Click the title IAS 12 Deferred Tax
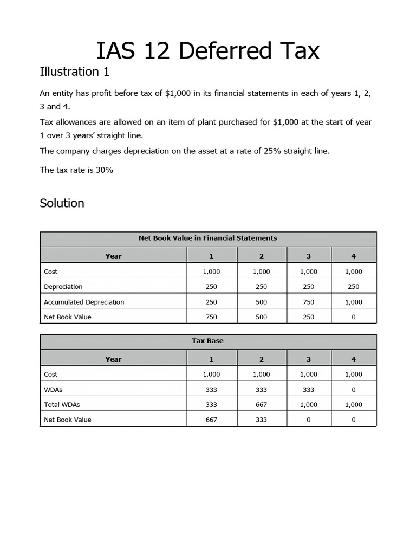point(208,51)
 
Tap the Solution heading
point(62,203)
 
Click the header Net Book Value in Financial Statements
point(208,238)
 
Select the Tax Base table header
point(208,341)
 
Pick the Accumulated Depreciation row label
point(84,302)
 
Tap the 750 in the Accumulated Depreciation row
point(308,302)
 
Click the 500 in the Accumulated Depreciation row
point(261,302)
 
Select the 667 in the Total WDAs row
point(261,404)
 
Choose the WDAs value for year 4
point(353,389)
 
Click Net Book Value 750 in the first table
point(211,317)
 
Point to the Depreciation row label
point(63,287)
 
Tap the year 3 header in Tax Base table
point(308,359)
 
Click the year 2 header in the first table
point(261,256)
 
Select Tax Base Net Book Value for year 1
point(211,420)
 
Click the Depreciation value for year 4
point(353,287)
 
